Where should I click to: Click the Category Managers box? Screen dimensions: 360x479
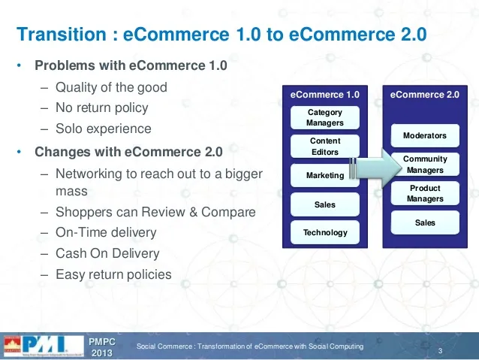[325, 118]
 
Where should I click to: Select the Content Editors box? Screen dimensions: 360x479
[325, 147]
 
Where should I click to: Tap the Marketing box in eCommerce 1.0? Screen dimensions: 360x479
[325, 176]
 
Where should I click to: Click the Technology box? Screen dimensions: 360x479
[325, 232]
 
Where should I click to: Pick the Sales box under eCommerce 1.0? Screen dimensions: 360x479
[325, 204]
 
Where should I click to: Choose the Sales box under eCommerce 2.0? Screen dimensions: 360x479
[425, 222]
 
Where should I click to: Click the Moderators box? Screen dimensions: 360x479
[425, 136]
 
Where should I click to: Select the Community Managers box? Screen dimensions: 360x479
[425, 165]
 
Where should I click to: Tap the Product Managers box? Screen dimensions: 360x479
[425, 193]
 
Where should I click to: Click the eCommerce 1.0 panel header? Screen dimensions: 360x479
[325, 95]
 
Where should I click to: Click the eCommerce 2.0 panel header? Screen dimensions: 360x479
[425, 95]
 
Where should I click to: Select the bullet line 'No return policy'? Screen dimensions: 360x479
[101, 107]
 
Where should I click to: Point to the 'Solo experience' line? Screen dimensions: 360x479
[103, 129]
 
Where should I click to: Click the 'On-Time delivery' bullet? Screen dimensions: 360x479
[106, 233]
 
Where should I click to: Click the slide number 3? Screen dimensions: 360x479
[438, 352]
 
